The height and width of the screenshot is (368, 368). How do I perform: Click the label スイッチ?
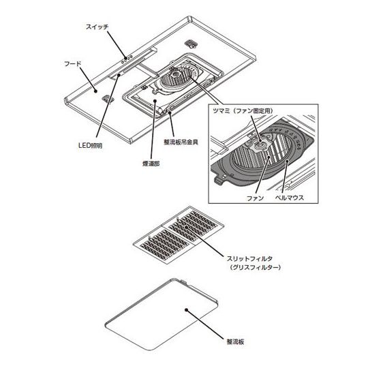[x=97, y=27]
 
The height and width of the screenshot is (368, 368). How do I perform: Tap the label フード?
[x=73, y=63]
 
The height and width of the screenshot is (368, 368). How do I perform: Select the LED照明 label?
[x=91, y=146]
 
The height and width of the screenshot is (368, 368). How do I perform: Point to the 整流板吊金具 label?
[x=181, y=142]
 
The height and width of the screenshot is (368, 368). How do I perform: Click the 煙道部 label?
[x=151, y=164]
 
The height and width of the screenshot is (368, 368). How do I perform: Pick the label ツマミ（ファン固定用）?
[x=243, y=111]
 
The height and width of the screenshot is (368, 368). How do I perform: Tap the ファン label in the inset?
[x=255, y=198]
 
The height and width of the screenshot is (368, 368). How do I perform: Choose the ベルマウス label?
[x=290, y=198]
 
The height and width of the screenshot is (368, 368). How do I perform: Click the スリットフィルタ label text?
[x=249, y=259]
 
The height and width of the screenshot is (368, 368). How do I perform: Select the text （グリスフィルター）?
[x=255, y=267]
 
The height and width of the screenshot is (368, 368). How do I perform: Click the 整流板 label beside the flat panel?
[x=235, y=341]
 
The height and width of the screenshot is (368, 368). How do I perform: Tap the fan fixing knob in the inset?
[x=260, y=145]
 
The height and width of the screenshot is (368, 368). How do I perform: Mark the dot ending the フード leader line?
[x=96, y=91]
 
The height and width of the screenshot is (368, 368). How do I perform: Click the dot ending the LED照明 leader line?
[x=119, y=75]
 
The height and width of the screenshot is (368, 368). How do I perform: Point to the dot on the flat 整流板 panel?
[x=186, y=310]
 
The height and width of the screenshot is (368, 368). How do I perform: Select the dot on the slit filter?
[x=187, y=227]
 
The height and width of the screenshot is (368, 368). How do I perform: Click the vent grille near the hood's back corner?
[x=191, y=43]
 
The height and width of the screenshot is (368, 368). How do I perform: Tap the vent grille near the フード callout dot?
[x=108, y=99]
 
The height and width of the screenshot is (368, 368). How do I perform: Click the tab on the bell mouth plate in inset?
[x=219, y=181]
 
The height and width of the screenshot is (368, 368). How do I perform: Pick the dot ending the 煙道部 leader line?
[x=155, y=100]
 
